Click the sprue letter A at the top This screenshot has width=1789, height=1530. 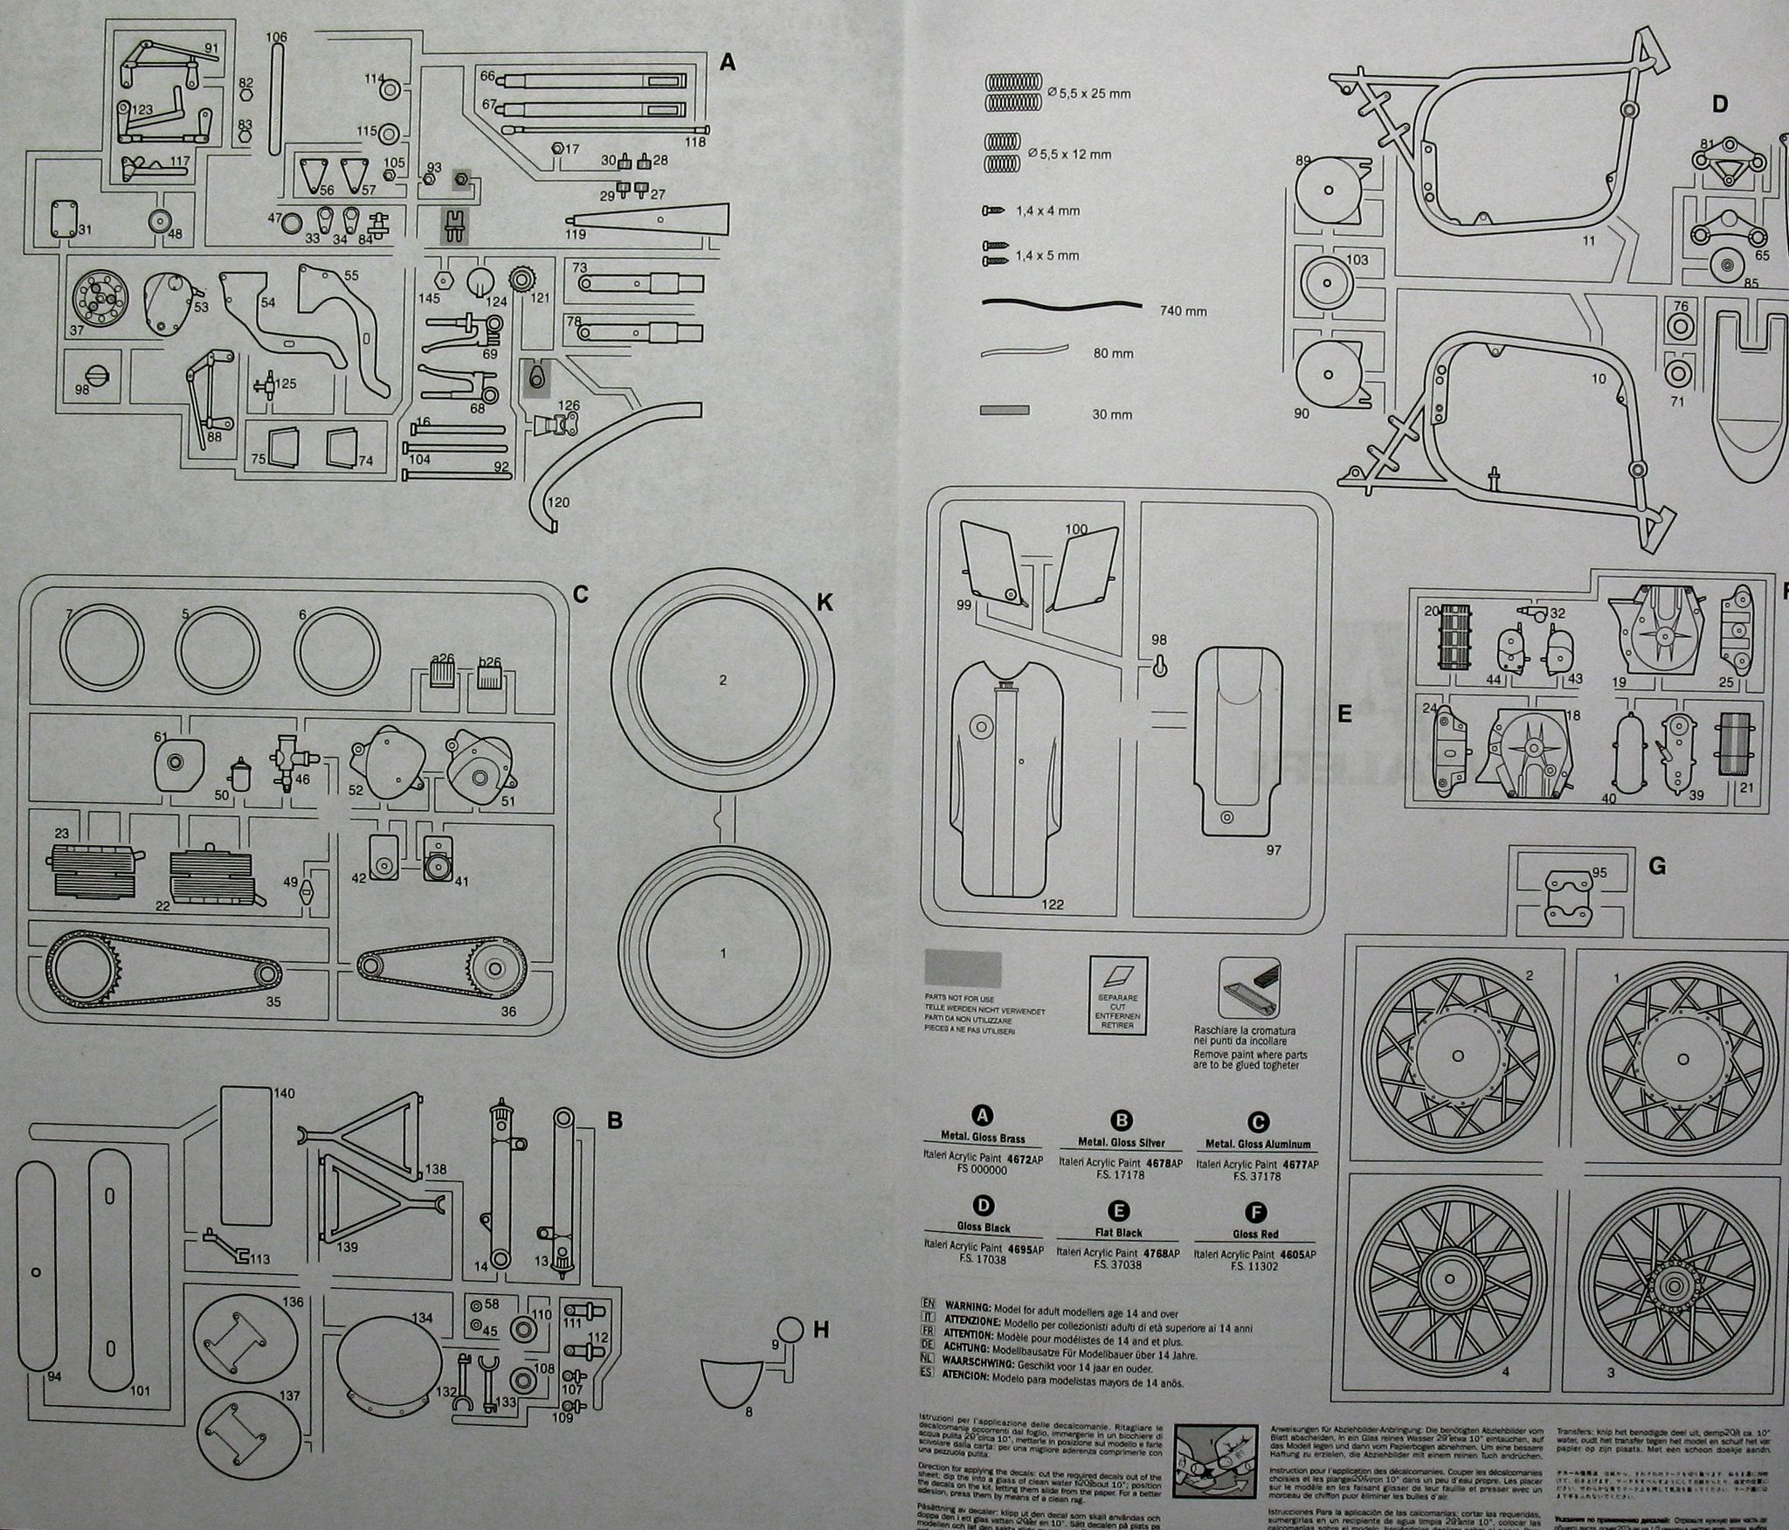point(728,62)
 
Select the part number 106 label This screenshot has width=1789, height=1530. point(276,38)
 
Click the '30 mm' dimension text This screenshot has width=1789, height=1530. point(1112,414)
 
